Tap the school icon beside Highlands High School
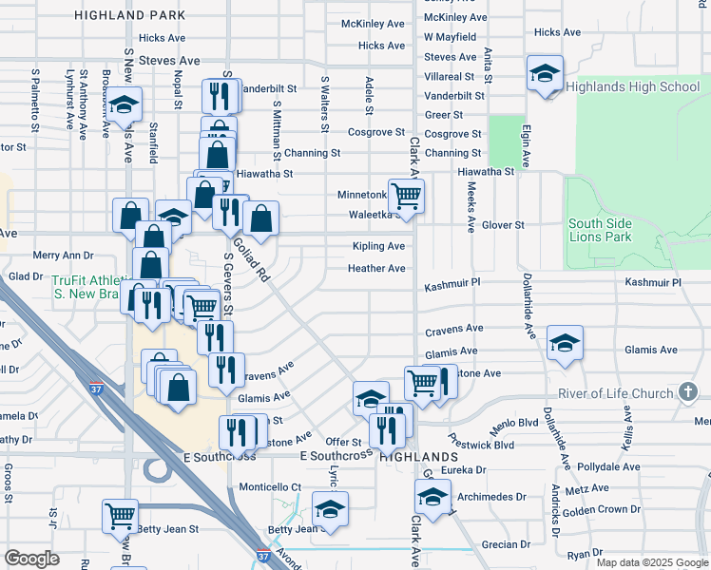click(545, 73)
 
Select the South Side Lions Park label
click(600, 230)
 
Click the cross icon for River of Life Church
click(688, 391)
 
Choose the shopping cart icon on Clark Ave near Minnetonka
click(406, 196)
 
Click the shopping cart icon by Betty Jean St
click(121, 516)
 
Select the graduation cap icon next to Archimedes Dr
click(432, 496)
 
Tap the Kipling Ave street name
click(377, 246)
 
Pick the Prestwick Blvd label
click(482, 444)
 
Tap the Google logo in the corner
click(31, 559)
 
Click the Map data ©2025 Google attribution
click(651, 562)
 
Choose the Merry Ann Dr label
click(64, 256)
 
